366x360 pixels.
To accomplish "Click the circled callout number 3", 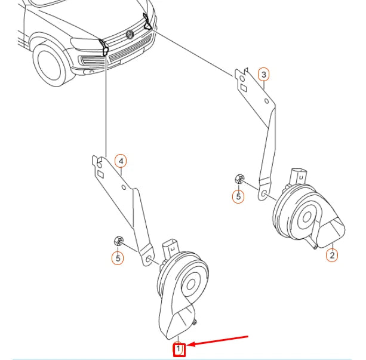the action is pos(263,75).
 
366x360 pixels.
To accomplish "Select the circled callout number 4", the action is pos(121,161).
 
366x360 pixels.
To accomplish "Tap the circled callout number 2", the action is pos(332,255).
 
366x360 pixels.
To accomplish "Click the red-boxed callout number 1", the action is pos(179,349).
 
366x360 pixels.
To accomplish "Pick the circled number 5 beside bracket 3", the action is pos(238,196).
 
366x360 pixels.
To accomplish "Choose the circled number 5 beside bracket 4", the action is pos(118,259).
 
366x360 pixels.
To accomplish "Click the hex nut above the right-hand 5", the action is pos(239,179).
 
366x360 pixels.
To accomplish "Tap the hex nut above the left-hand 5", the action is pos(118,241).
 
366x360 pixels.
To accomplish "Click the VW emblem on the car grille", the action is pos(130,35).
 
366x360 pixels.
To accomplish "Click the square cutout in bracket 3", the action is pos(244,88).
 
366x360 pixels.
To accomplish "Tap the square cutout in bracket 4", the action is pos(100,175).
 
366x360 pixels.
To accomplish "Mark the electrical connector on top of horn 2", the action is pos(299,177).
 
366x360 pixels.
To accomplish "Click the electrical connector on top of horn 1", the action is pos(170,248).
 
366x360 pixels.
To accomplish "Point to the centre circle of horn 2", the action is pos(307,217).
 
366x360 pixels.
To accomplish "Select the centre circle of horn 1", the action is pos(190,285).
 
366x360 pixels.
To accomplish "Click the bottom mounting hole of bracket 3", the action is pos(264,193).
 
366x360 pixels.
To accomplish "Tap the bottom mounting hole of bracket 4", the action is pos(148,259).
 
